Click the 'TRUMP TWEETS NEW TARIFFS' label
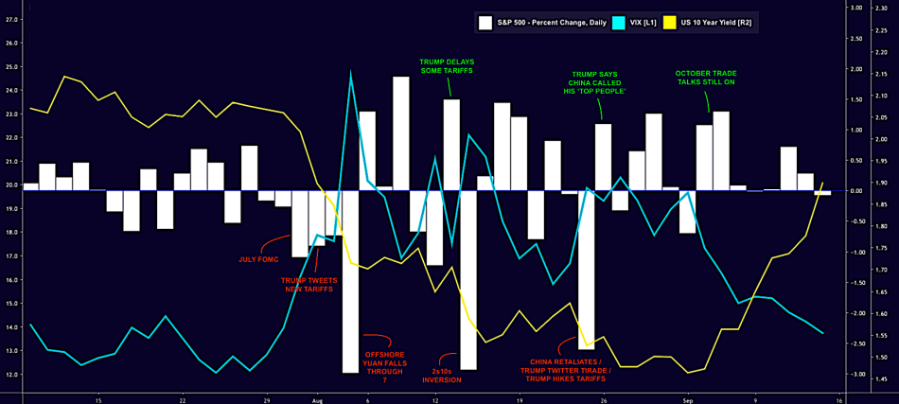click(x=308, y=285)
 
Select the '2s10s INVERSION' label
click(x=442, y=376)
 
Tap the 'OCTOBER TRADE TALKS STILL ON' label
click(x=706, y=78)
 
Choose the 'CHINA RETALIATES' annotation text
click(x=566, y=360)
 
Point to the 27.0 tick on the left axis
click(x=10, y=19)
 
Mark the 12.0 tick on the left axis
click(x=10, y=374)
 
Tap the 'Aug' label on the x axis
click(x=317, y=399)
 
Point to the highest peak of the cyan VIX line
click(x=351, y=72)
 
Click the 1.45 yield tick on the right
click(x=881, y=378)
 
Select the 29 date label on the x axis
click(x=267, y=399)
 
